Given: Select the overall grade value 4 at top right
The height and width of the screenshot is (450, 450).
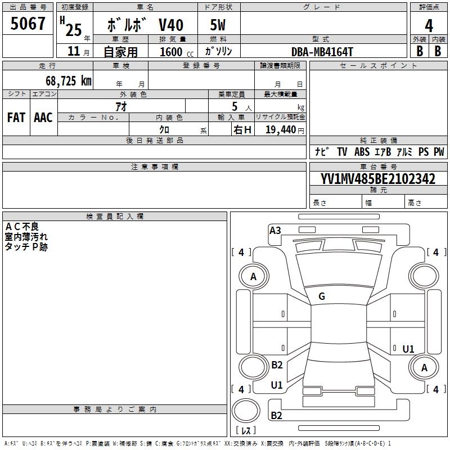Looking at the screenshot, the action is click(x=429, y=25).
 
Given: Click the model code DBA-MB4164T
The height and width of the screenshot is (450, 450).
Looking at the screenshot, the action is click(x=322, y=52).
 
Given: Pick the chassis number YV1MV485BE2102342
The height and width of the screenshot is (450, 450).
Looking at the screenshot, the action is click(x=378, y=179).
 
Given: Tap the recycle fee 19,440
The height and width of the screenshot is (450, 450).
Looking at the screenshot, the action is click(x=280, y=129).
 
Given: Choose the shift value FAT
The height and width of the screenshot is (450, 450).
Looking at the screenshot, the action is click(x=16, y=118).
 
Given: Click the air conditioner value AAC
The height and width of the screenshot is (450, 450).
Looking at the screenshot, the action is click(x=43, y=118).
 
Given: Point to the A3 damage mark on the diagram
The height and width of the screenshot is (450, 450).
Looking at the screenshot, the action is click(x=275, y=230).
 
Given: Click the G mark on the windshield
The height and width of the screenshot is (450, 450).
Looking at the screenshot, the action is click(x=322, y=296).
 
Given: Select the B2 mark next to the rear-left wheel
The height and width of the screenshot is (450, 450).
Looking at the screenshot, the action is click(x=277, y=365).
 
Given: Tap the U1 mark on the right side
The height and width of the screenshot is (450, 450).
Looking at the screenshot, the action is click(x=408, y=349).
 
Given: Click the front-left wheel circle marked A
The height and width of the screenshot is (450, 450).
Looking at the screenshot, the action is click(x=253, y=276).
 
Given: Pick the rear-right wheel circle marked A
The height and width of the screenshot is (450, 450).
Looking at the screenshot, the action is click(x=425, y=368).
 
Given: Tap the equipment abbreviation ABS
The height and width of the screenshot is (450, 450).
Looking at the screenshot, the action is click(x=362, y=152).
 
